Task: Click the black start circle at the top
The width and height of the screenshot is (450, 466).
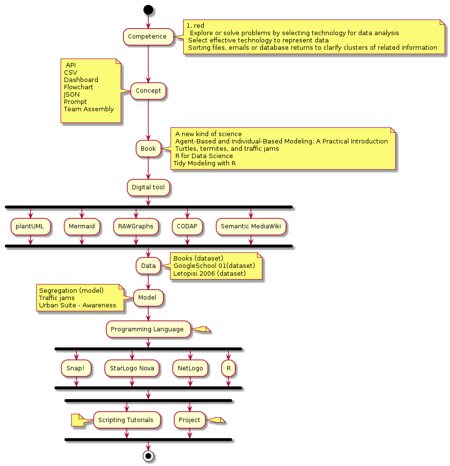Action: click(x=148, y=10)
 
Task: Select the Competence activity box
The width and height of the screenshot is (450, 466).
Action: click(x=148, y=37)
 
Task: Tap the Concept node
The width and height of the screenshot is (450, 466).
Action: click(x=148, y=90)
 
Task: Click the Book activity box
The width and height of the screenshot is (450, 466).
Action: click(x=148, y=148)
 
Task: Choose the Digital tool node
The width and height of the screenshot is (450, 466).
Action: click(x=148, y=187)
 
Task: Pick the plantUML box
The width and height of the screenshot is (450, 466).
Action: click(x=30, y=226)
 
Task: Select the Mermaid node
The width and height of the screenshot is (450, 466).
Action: click(x=82, y=226)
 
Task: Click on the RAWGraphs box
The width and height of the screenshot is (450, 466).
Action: click(x=136, y=226)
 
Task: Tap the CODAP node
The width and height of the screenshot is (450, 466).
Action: click(x=187, y=226)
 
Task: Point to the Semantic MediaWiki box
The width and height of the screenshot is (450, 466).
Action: click(x=251, y=226)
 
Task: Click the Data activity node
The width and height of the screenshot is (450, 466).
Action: click(x=148, y=266)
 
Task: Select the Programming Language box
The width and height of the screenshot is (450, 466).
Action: click(x=148, y=329)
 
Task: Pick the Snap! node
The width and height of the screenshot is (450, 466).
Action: click(x=76, y=368)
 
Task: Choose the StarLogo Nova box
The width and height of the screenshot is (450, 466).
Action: click(x=132, y=368)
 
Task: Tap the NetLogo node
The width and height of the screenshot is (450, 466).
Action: click(x=190, y=368)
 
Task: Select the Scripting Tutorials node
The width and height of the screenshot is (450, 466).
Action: click(x=127, y=420)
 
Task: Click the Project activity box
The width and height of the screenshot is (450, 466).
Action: click(x=190, y=420)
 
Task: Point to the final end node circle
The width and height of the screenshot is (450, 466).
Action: click(x=148, y=455)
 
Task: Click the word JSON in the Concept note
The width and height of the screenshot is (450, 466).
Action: click(x=72, y=95)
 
